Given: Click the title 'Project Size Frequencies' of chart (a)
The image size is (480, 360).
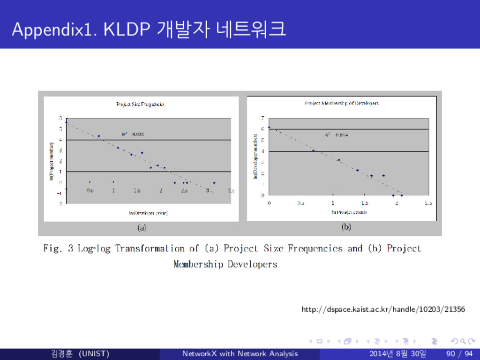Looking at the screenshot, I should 140,104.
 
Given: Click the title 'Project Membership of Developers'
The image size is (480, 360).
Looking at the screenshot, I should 342,103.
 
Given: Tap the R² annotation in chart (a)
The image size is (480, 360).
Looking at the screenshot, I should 133,134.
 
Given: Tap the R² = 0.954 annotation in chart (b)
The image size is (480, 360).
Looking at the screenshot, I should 337,135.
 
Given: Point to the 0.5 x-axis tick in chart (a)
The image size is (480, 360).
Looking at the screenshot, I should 90,191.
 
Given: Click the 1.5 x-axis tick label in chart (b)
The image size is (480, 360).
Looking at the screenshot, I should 365,204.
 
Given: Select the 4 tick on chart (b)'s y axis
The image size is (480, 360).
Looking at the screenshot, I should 263,151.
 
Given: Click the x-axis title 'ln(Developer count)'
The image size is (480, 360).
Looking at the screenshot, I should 149,213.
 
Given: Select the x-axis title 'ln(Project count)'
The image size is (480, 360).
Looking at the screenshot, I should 349,212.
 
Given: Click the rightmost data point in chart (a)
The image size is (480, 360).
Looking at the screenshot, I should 214,183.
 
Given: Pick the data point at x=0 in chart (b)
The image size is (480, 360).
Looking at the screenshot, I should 269,127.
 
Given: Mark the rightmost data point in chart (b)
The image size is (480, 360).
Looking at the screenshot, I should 401,195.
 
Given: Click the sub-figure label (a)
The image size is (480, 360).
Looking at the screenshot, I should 141,228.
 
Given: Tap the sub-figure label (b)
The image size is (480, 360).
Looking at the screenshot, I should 346,228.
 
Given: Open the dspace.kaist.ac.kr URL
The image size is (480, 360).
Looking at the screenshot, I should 383,309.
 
